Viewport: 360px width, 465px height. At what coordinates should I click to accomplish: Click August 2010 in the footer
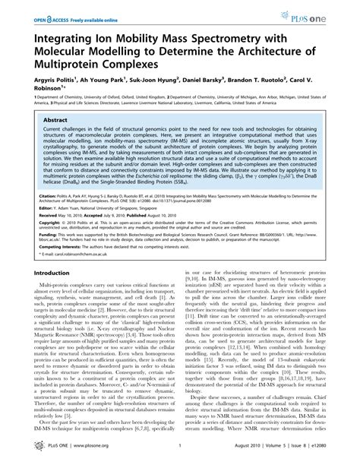click(x=241, y=451)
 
